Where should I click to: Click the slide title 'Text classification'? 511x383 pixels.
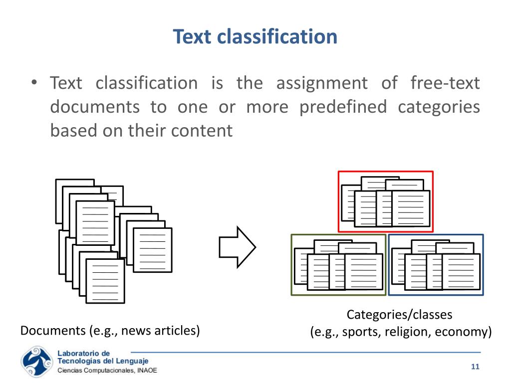pos(255,36)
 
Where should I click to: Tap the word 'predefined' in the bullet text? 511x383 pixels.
pos(343,107)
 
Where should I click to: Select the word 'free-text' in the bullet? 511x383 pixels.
pos(445,83)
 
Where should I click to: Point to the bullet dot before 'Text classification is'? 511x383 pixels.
pos(33,83)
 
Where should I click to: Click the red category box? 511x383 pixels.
pos(385,201)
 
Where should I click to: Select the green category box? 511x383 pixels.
pos(338,265)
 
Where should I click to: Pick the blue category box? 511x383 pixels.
pos(436,265)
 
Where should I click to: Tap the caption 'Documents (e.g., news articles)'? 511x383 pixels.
pos(110,331)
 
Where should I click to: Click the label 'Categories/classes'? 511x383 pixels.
pos(399,315)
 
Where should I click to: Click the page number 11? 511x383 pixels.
pos(475,367)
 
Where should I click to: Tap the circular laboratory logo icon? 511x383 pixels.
pos(35,362)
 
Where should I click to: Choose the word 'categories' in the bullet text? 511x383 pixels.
pos(439,107)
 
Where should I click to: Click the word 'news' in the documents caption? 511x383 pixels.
pos(135,331)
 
